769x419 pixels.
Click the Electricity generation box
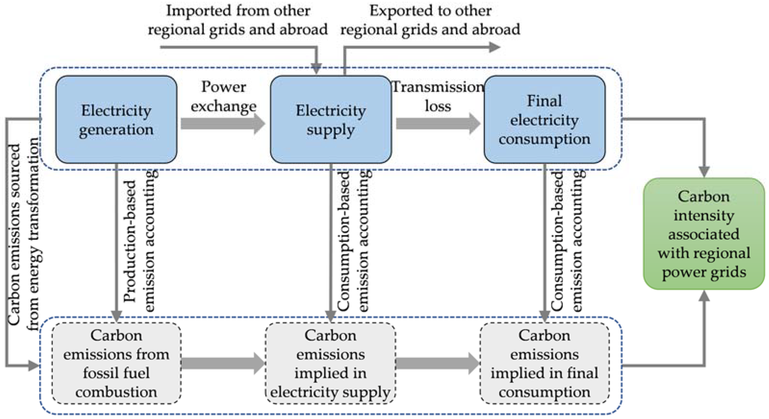pyautogui.click(x=116, y=119)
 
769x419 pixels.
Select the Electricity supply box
pyautogui.click(x=330, y=119)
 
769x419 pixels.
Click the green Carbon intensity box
pyautogui.click(x=704, y=234)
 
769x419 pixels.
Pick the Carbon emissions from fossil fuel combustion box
pyautogui.click(x=116, y=363)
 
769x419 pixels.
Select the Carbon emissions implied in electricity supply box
pyautogui.click(x=330, y=363)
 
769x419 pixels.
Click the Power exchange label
pyautogui.click(x=223, y=96)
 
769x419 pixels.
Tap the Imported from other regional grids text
pyautogui.click(x=238, y=20)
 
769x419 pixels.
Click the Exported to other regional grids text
pyautogui.click(x=430, y=20)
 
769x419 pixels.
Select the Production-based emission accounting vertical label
pyautogui.click(x=140, y=242)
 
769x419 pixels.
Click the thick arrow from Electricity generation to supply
pyautogui.click(x=222, y=123)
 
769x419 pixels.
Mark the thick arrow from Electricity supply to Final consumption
pyautogui.click(x=438, y=123)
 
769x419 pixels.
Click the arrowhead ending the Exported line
pyautogui.click(x=494, y=47)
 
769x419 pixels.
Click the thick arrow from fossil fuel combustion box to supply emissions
pyautogui.click(x=222, y=363)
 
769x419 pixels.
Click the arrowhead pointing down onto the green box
pyautogui.click(x=704, y=171)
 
